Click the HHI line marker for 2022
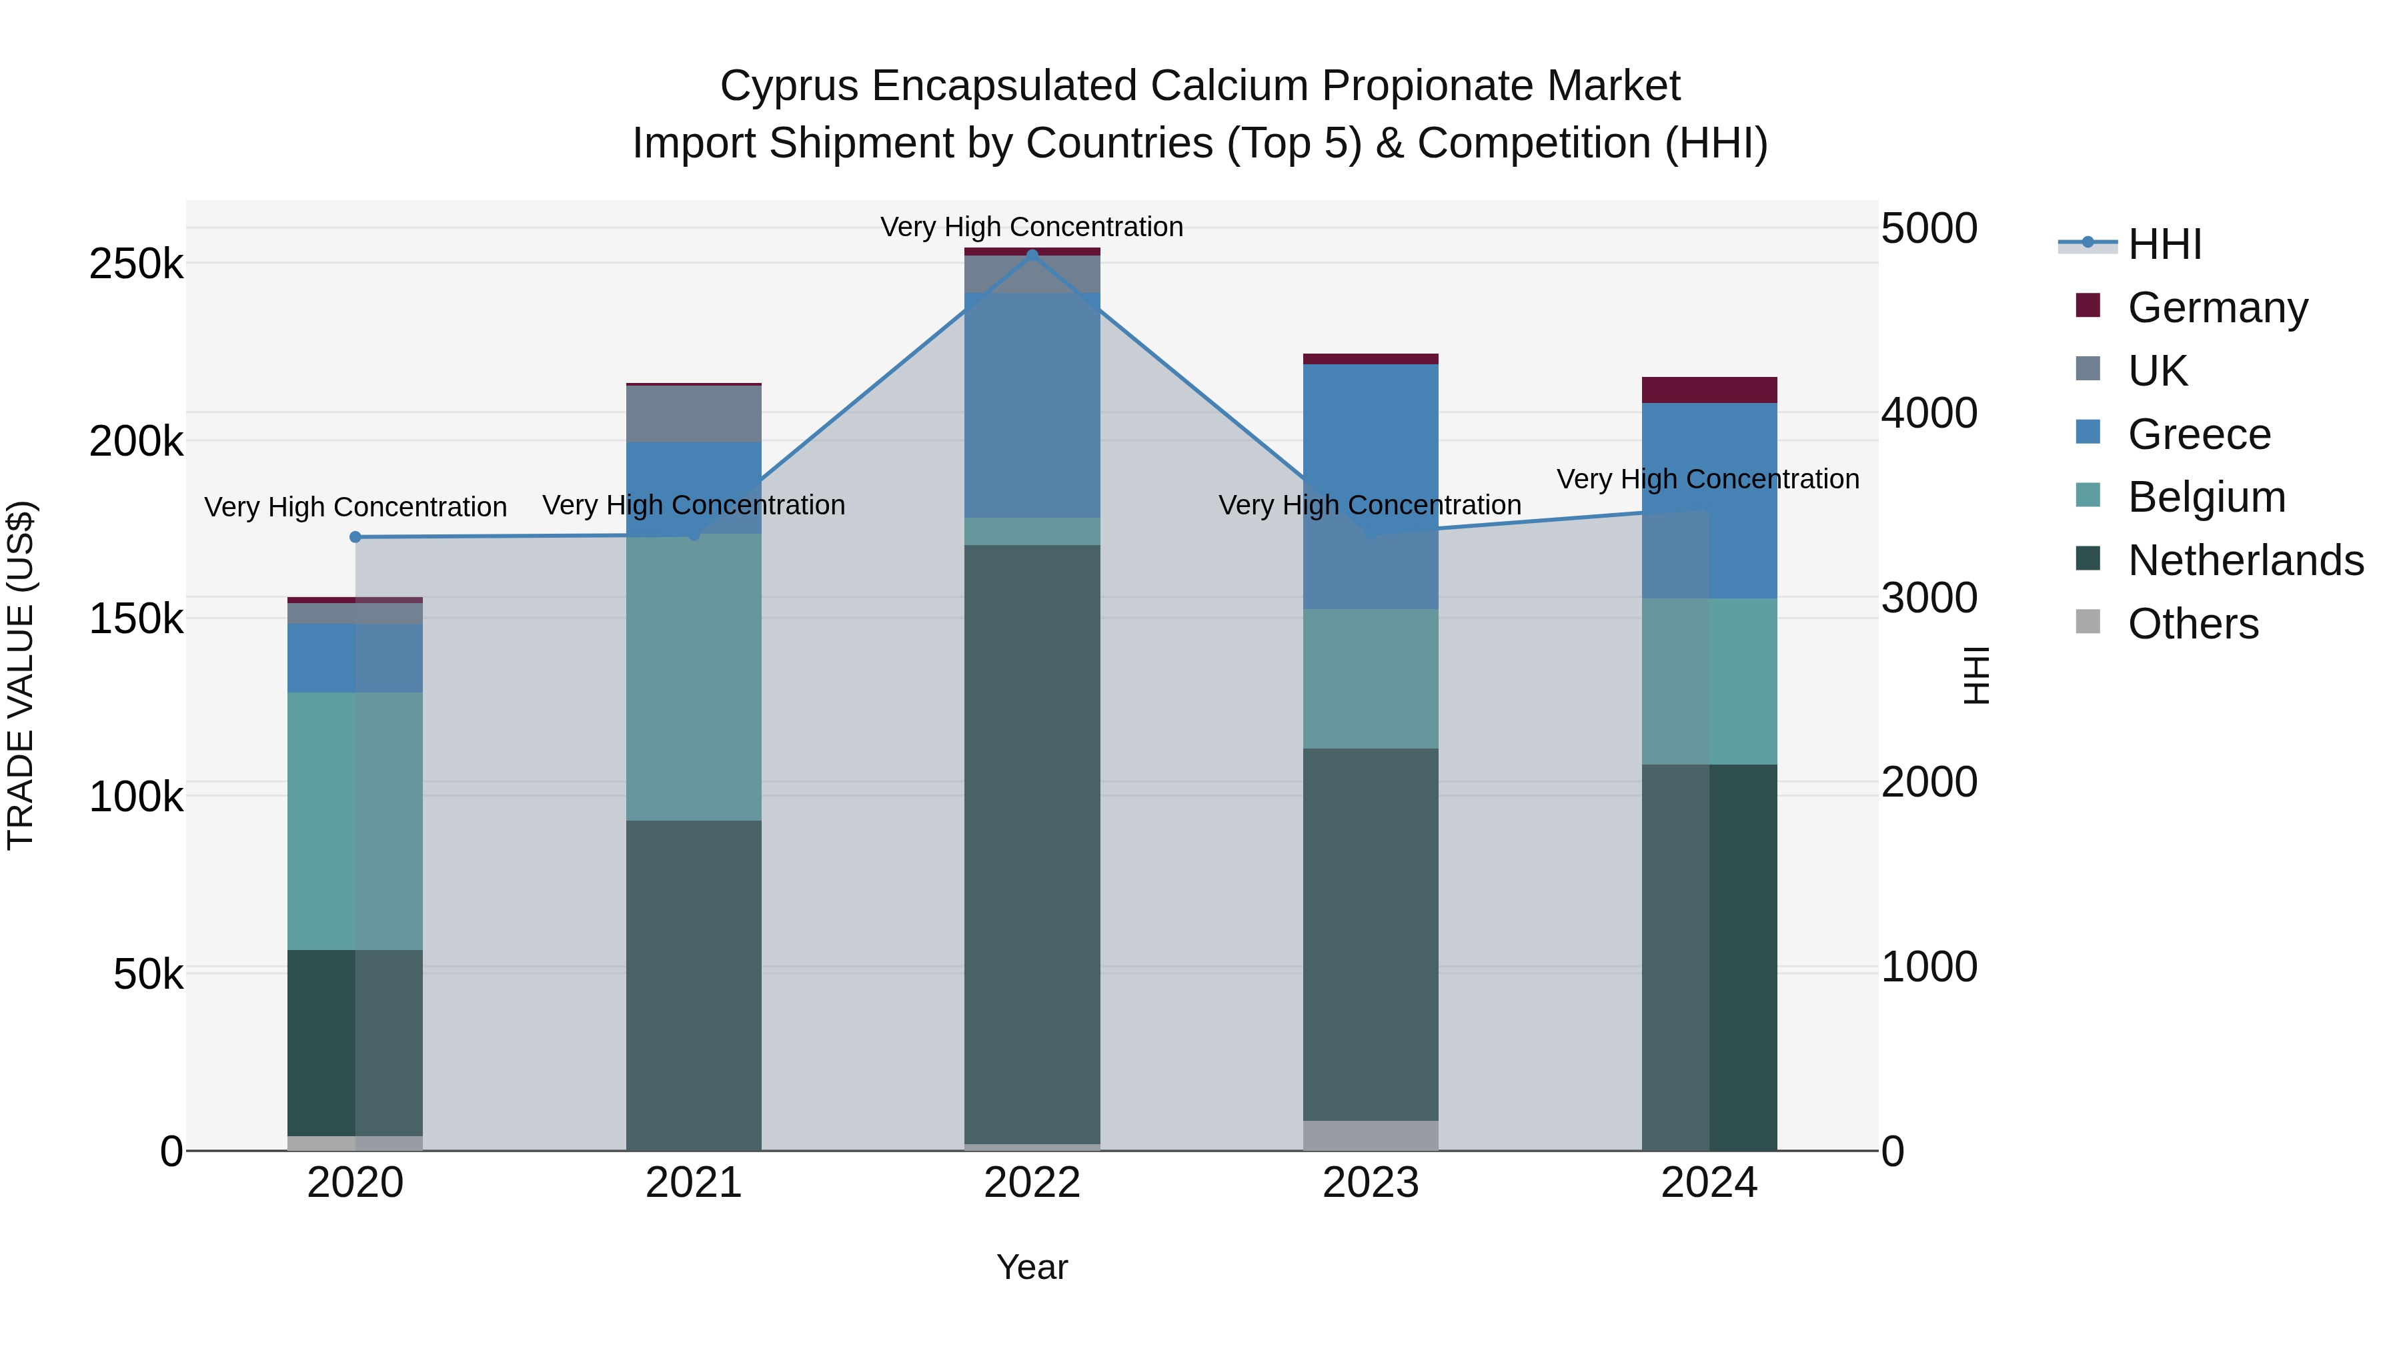(1032, 255)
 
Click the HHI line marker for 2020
(355, 537)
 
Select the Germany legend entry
(2216, 308)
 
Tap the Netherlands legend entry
(2244, 560)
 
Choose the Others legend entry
(2192, 624)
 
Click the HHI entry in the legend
(2164, 244)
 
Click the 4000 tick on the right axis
(1928, 413)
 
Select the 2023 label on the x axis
(1370, 1183)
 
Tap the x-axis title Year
(1032, 1267)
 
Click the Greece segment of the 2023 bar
(1370, 485)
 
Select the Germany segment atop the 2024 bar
(1709, 390)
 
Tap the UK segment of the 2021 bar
(694, 414)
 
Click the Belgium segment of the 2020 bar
(355, 821)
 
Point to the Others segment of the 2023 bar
(1370, 1135)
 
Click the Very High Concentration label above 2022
(1032, 227)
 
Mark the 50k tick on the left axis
(147, 975)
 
